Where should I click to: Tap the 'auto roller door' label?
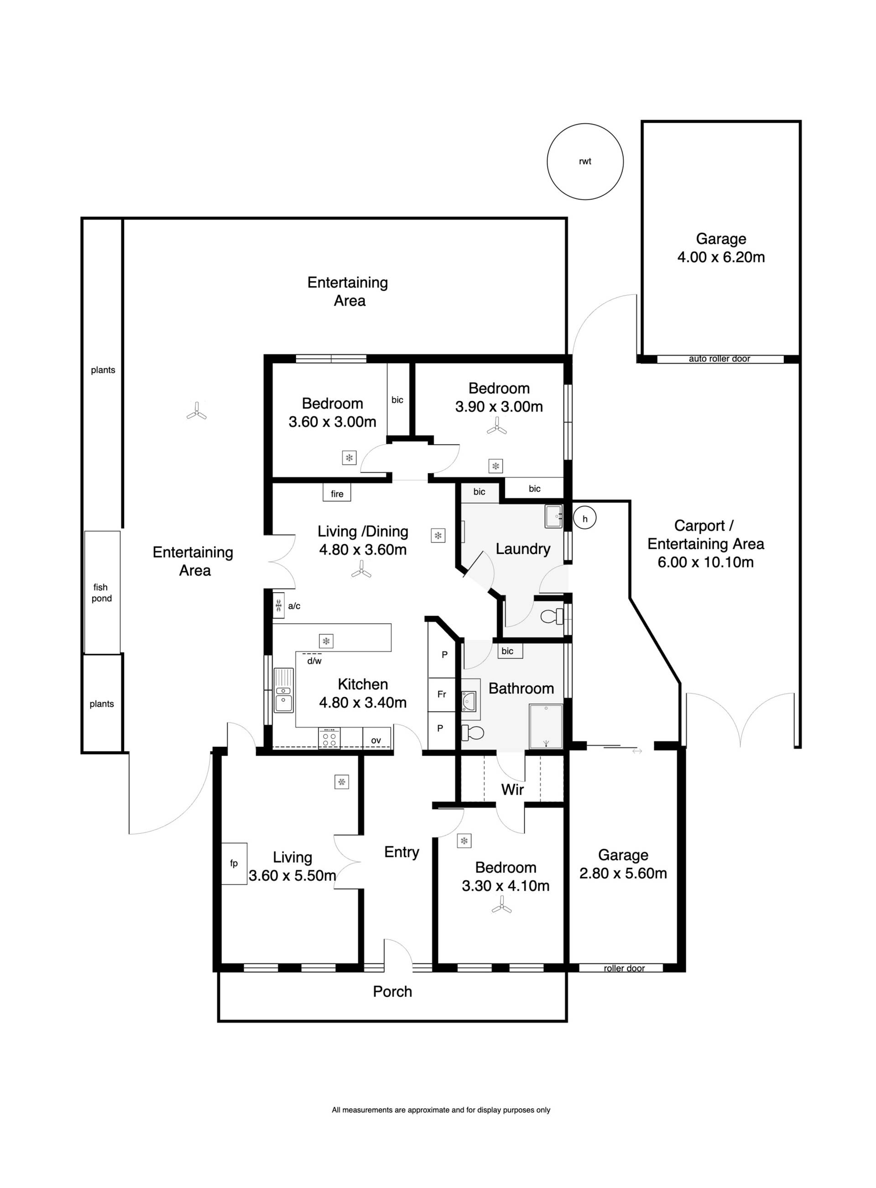pyautogui.click(x=719, y=359)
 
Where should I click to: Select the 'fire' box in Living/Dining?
pyautogui.click(x=337, y=493)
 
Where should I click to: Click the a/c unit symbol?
pyautogui.click(x=278, y=605)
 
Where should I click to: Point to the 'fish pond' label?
pyautogui.click(x=101, y=593)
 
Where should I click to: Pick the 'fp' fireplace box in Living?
pyautogui.click(x=234, y=864)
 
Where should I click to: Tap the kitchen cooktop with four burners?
pyautogui.click(x=329, y=738)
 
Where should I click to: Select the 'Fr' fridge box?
pyautogui.click(x=442, y=694)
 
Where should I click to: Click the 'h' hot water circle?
pyautogui.click(x=585, y=519)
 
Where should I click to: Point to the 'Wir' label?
pyautogui.click(x=512, y=790)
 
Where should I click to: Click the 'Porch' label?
pyautogui.click(x=392, y=992)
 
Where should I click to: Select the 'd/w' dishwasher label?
pyautogui.click(x=314, y=661)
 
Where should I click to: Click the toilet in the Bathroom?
pyautogui.click(x=473, y=733)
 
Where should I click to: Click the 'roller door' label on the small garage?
pyautogui.click(x=624, y=968)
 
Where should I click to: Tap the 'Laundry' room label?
pyautogui.click(x=523, y=549)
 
